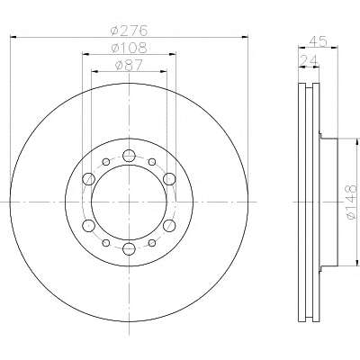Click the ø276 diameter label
[130, 31]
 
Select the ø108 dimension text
[130, 48]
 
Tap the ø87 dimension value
[130, 65]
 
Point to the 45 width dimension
[319, 41]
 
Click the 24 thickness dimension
[309, 60]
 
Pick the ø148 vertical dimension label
[352, 202]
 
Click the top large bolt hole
[129, 156]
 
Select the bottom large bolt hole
[129, 248]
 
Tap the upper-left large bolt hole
[88, 179]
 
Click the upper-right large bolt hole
[169, 179]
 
